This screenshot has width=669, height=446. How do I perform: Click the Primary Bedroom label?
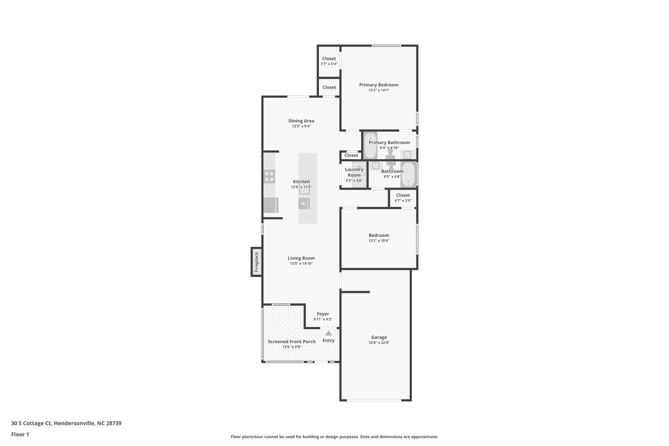tap(379, 85)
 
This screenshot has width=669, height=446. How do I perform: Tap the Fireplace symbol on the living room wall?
tap(256, 262)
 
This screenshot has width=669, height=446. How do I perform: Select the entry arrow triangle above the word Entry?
tap(328, 333)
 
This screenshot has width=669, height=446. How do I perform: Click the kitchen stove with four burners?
tap(269, 176)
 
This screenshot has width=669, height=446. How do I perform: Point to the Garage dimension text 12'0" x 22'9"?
tap(379, 343)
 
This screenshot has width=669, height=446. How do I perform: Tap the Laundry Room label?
tap(354, 172)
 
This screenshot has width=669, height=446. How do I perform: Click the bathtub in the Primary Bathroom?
tap(370, 145)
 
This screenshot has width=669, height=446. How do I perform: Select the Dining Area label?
tap(301, 121)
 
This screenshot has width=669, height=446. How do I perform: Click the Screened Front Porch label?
tap(292, 342)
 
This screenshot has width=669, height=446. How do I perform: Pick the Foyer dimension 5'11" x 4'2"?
tap(323, 319)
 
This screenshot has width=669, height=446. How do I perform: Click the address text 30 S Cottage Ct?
tap(31, 423)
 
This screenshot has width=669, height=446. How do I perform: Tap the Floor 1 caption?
tap(20, 434)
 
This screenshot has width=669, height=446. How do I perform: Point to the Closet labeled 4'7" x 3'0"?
tap(403, 198)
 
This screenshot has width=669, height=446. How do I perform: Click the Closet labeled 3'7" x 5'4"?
tap(329, 61)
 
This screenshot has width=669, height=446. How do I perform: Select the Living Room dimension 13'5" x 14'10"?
tap(301, 263)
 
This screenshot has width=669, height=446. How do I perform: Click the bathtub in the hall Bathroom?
tap(408, 175)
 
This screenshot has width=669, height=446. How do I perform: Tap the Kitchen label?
tap(301, 182)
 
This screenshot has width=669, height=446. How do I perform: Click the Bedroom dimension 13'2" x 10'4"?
tap(379, 240)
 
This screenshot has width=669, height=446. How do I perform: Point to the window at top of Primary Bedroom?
tap(386, 46)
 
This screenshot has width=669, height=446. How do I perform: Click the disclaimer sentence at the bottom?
tap(334, 437)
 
